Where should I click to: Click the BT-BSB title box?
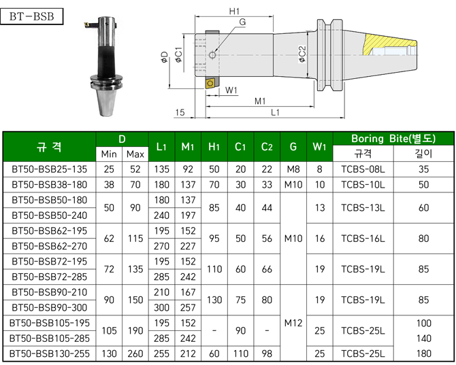[32, 16]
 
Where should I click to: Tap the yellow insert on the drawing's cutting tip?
[210, 84]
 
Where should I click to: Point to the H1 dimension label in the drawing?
[234, 12]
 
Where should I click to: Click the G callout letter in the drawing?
[242, 22]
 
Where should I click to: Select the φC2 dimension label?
[302, 54]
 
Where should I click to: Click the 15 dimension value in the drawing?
[180, 112]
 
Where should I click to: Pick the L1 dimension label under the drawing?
[275, 112]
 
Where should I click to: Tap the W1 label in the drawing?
[231, 90]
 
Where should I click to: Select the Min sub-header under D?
[109, 154]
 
